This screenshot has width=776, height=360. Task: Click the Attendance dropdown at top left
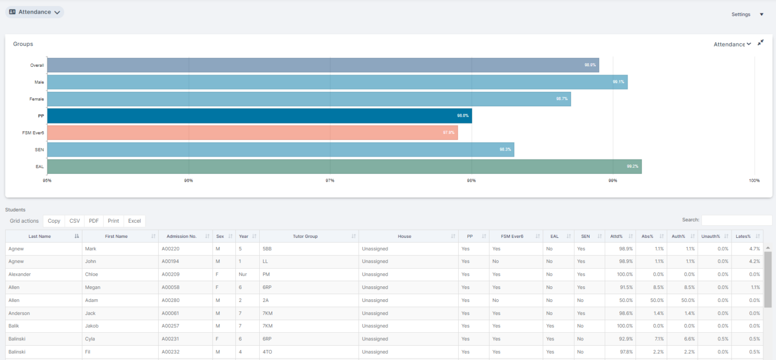coord(34,12)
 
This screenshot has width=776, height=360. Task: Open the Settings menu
coord(747,15)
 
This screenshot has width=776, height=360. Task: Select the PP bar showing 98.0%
coord(259,116)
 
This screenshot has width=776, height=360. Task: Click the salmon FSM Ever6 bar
coord(252,133)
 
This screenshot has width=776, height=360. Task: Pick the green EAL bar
coord(344,167)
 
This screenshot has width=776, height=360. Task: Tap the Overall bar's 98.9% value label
coord(590,65)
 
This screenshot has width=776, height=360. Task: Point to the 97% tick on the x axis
coord(330,180)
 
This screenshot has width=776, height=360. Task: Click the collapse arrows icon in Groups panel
coord(760,43)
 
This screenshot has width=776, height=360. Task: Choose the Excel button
coord(134,221)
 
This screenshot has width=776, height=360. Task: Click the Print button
coord(113,221)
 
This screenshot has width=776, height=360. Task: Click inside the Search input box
coord(736,220)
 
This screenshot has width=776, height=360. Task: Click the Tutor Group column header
coord(305,236)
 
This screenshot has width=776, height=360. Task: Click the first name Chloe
coord(91,275)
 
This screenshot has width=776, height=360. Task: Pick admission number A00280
coord(171,300)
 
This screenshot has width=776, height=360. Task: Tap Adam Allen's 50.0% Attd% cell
coord(624,300)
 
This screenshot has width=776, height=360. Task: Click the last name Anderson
coord(19,314)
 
